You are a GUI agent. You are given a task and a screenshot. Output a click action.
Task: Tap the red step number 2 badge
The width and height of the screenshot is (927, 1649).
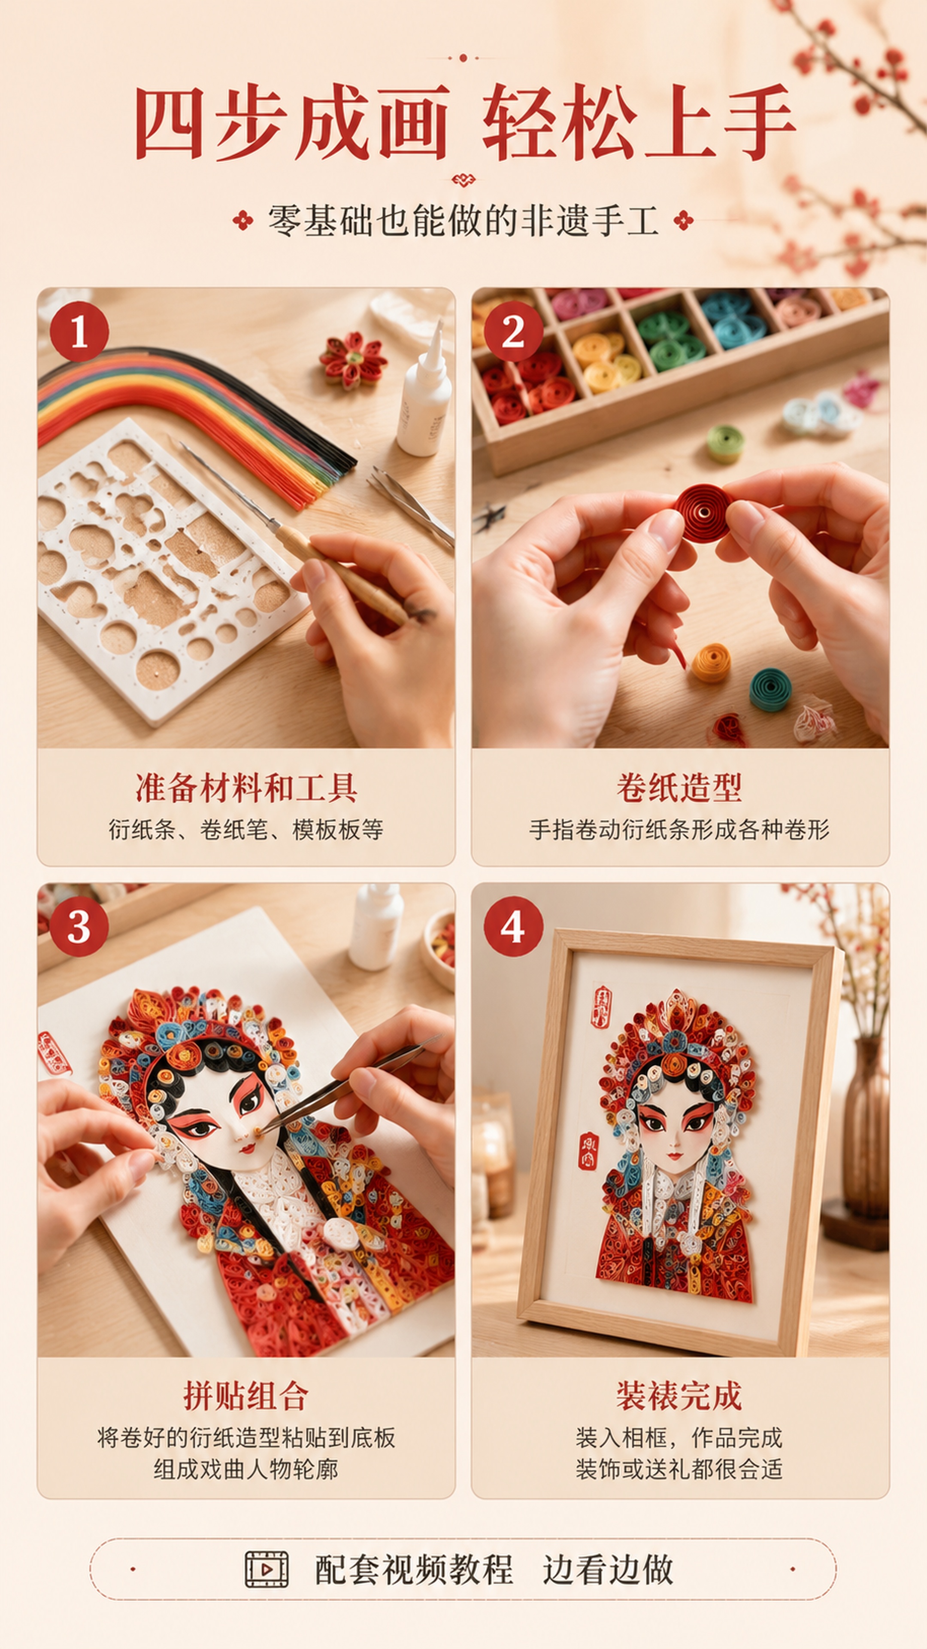[513, 332]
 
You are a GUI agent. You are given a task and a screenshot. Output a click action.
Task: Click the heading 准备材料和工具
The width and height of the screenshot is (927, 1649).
[246, 788]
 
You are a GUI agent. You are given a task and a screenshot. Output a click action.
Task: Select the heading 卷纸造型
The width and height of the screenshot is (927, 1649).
[679, 788]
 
